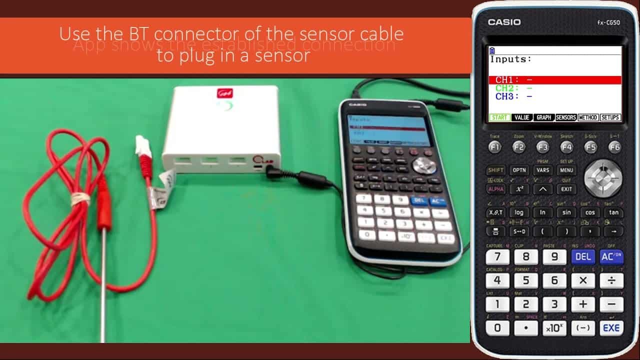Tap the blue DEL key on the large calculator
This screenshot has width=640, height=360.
(x=583, y=256)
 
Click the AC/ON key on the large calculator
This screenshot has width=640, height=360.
(x=611, y=256)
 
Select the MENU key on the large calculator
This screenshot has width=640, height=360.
(x=566, y=170)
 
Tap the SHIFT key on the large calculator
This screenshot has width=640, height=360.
(x=495, y=170)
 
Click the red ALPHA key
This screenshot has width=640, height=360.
(x=495, y=189)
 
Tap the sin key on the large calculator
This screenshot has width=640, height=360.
(x=566, y=212)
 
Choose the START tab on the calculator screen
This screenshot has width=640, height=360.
(x=499, y=117)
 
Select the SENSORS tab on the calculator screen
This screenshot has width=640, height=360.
(x=566, y=117)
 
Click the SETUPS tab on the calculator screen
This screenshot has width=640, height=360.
(x=610, y=117)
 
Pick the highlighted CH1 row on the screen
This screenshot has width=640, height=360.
(x=554, y=80)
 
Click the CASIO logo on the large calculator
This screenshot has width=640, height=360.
(x=504, y=22)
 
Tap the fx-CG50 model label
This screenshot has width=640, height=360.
(x=608, y=22)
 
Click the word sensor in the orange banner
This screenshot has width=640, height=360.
(x=282, y=55)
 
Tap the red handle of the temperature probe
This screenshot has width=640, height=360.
(x=104, y=205)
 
